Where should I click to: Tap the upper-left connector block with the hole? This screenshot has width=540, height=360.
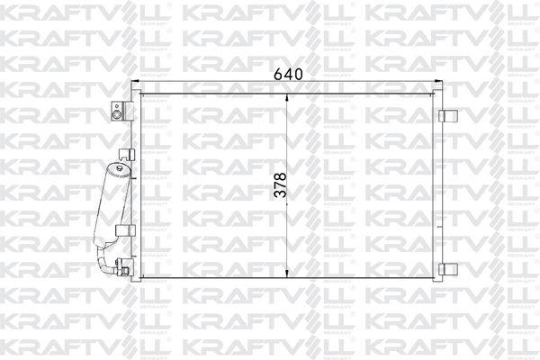point(116,112)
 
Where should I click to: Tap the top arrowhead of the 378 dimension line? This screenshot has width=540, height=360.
point(286,97)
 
